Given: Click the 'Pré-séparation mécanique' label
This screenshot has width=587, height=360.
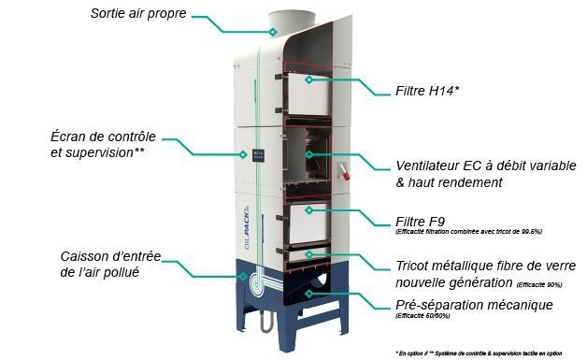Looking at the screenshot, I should click(474, 305).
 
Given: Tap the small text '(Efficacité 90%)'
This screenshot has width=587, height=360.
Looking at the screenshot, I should click(539, 283).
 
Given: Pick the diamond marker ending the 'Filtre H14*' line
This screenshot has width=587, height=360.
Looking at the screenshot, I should click(307, 81).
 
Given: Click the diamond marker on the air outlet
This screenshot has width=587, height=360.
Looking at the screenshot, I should click(272, 31).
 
